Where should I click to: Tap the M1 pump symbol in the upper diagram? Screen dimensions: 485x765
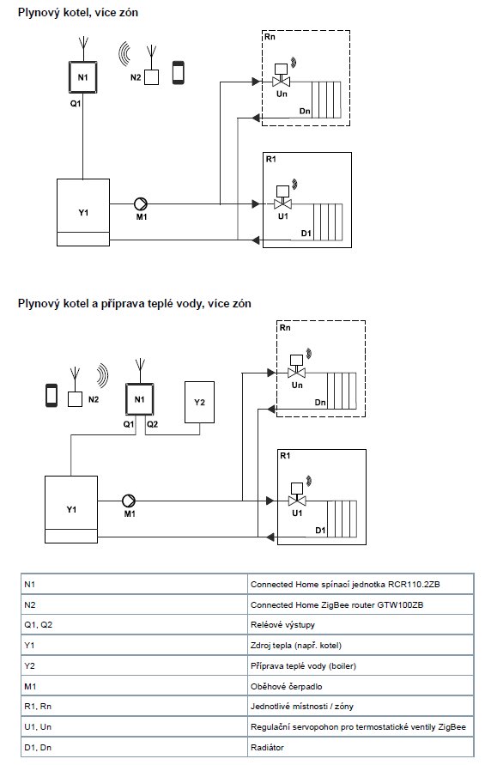point(141,204)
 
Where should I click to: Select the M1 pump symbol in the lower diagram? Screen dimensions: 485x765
point(129,501)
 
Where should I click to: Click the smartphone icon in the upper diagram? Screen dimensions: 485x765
point(179,73)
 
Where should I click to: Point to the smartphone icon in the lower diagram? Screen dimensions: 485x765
point(52,395)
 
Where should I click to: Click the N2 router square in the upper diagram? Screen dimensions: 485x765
point(152,77)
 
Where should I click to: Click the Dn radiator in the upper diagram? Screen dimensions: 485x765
point(326,100)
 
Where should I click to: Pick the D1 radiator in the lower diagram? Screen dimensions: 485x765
point(342,518)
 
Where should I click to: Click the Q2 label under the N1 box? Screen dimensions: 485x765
point(152,424)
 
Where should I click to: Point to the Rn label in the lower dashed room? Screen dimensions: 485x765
point(285,328)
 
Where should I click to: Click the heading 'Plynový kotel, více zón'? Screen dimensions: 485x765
point(78,12)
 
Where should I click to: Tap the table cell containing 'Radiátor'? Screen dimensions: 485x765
point(361,747)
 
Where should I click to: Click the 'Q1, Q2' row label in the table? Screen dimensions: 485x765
point(38,624)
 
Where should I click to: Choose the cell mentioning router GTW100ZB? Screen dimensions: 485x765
point(361,604)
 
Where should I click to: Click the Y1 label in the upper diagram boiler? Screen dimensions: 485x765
point(83,213)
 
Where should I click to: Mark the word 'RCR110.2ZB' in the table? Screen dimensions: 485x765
point(414,584)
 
